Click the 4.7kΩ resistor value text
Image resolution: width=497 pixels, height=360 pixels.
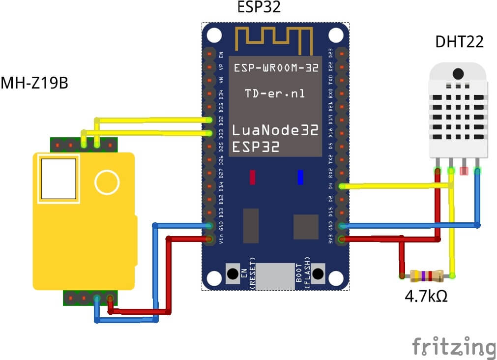[x=426, y=297]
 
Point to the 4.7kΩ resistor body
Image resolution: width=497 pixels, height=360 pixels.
[x=426, y=275]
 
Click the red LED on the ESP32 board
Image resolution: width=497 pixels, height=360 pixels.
[x=253, y=177]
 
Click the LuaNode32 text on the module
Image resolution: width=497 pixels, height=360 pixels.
[x=275, y=131]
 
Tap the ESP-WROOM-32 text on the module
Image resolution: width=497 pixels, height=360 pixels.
[x=276, y=68]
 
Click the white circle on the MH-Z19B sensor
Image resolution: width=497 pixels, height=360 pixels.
[x=107, y=182]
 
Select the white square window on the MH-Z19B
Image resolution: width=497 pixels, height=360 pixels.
[x=58, y=179]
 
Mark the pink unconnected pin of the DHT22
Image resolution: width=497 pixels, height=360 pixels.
[x=463, y=171]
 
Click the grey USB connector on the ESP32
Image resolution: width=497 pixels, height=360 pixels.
[x=275, y=276]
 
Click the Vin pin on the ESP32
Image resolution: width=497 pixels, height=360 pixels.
[x=210, y=240]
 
